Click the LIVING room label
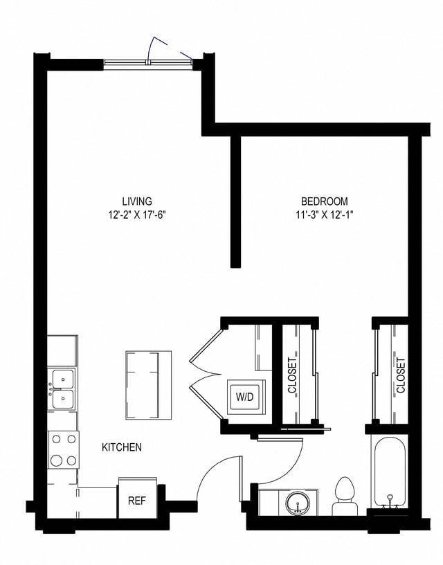(136, 201)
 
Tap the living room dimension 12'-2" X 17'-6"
(136, 214)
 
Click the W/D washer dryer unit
(244, 397)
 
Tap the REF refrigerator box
(137, 500)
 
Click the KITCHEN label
(122, 447)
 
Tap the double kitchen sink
(62, 390)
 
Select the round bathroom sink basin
(300, 502)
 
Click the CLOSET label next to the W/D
(292, 375)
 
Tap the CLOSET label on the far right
(401, 375)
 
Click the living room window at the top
(148, 63)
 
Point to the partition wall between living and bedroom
(235, 201)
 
